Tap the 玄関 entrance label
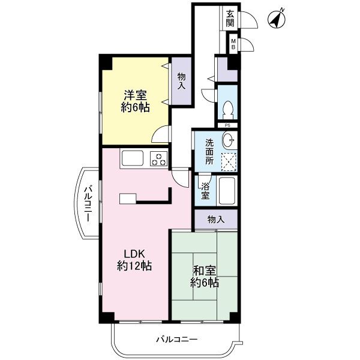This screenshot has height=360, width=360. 230,19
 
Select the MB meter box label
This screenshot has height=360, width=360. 233,44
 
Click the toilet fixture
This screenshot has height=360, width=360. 228,110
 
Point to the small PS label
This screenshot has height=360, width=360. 227,125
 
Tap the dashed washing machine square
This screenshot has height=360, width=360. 229,161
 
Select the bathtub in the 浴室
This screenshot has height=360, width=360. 227,191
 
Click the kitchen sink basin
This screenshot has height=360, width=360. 133,158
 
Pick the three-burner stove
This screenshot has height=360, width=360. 158,158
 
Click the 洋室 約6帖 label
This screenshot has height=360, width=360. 136,101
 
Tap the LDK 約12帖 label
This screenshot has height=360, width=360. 134,260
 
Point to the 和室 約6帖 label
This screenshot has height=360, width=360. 205,277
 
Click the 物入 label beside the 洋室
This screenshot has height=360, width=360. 181,81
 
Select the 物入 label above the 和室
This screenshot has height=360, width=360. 216,220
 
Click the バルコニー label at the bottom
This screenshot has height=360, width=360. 176,339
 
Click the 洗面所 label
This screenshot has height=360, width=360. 209,152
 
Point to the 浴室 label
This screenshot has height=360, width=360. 205,191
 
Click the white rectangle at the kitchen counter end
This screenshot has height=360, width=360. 128,199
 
